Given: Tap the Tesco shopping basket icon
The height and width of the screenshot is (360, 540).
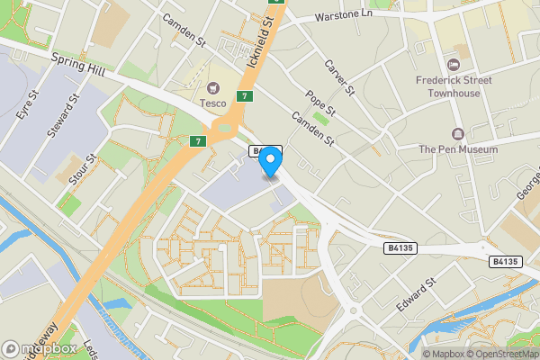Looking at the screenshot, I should pos(213,87).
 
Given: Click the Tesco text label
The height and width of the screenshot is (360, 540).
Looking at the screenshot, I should pos(213,102).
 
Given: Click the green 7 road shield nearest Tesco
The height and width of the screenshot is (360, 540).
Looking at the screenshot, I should pos(244,96).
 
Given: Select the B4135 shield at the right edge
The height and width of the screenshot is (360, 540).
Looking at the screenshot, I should pos(506,261).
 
